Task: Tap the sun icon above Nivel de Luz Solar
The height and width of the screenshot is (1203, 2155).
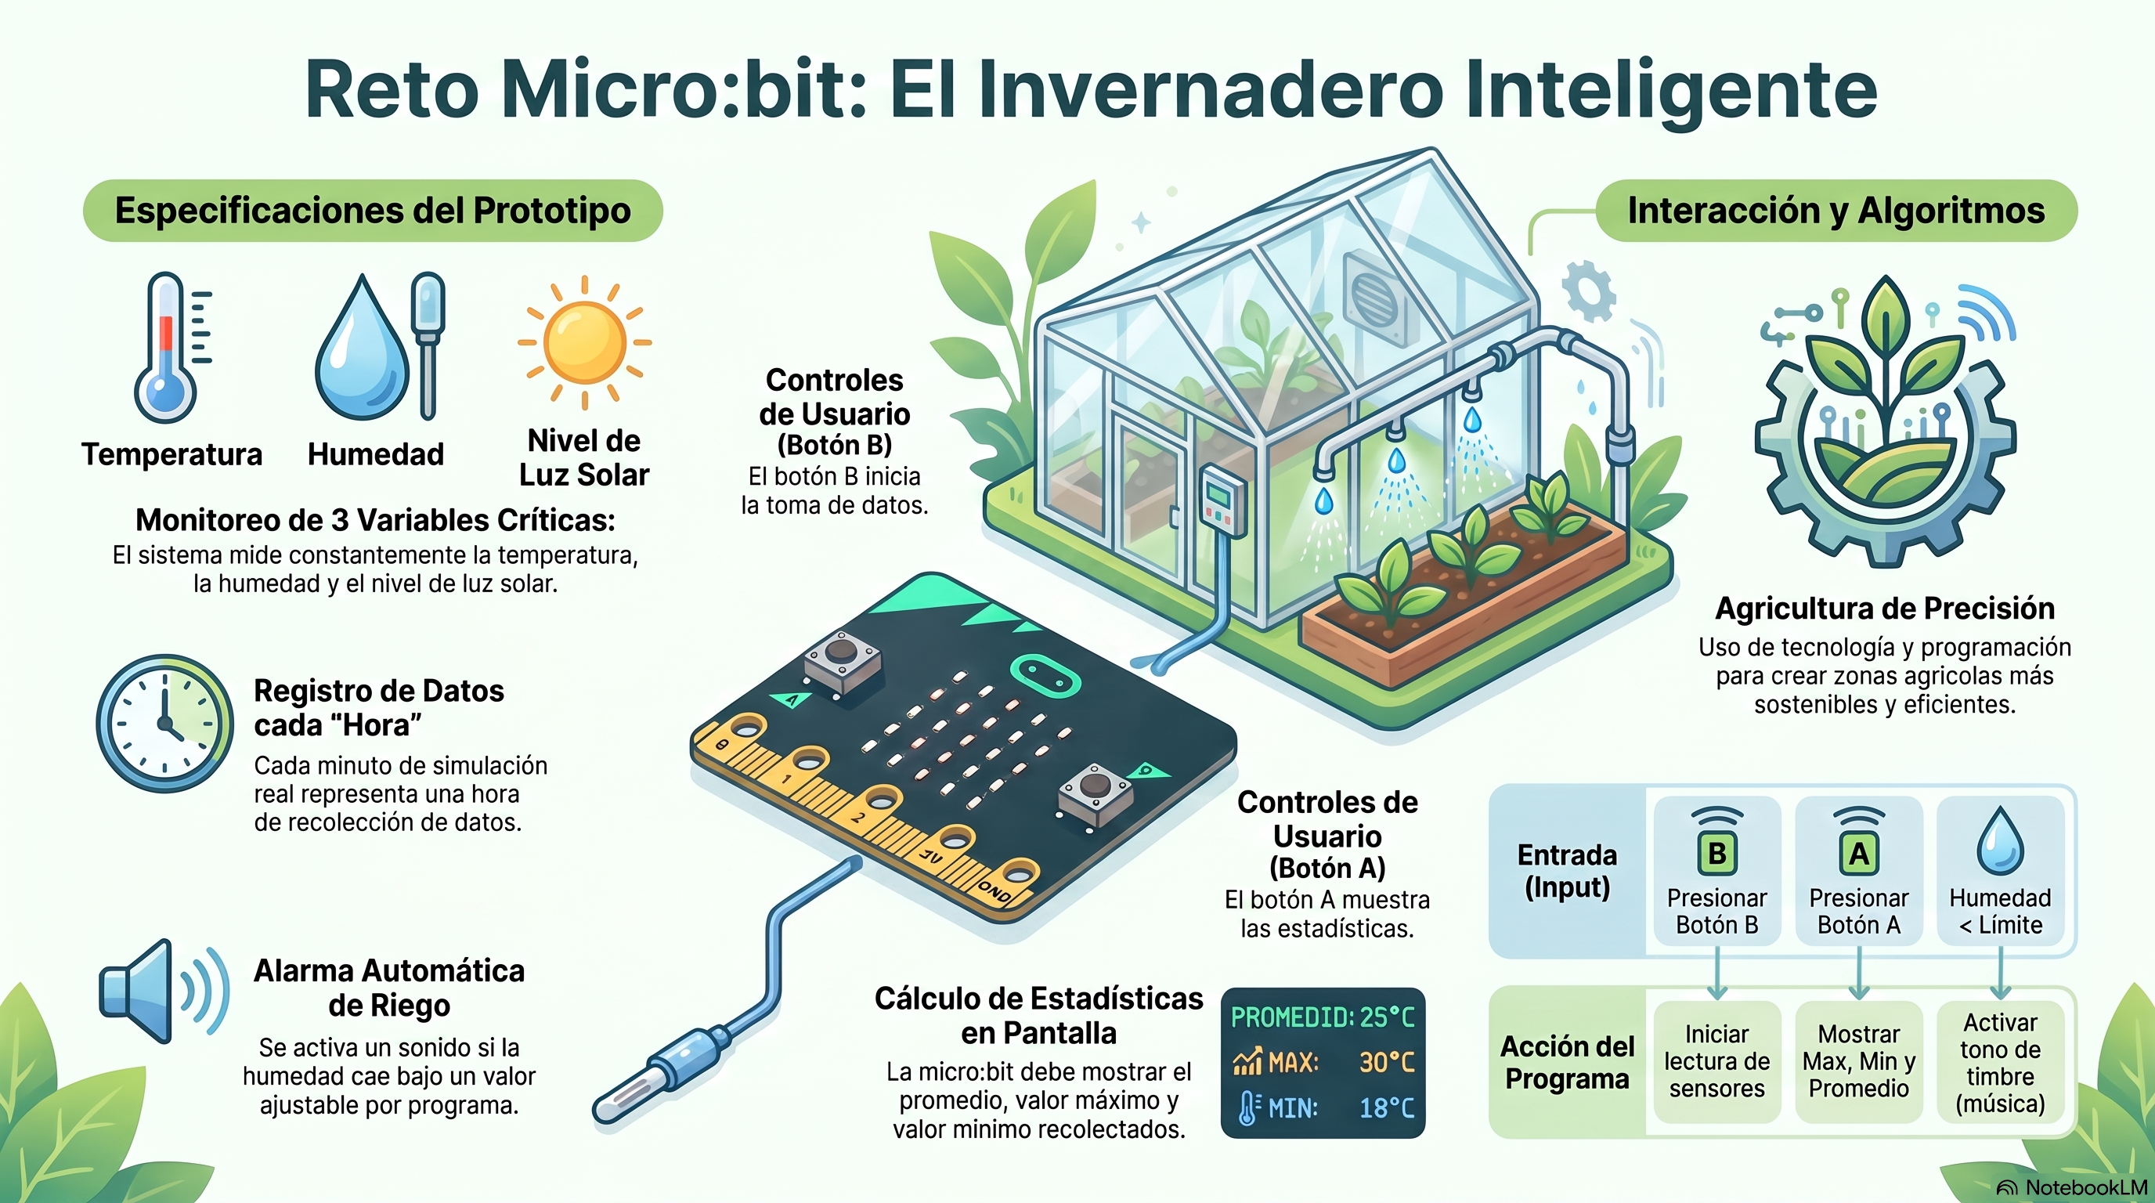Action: point(584,342)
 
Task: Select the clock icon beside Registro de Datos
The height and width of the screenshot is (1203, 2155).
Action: point(164,724)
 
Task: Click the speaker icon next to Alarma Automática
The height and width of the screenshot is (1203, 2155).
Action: point(164,992)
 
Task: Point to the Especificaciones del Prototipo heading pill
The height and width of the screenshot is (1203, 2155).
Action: point(373,211)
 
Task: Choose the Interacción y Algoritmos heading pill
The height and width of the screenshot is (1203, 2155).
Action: point(1836,211)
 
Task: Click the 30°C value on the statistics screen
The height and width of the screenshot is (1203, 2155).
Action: point(1386,1063)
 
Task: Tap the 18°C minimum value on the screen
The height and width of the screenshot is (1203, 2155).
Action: point(1386,1108)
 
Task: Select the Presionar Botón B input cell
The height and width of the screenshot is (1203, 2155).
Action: point(1716,871)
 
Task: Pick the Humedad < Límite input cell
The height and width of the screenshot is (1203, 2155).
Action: point(2000,871)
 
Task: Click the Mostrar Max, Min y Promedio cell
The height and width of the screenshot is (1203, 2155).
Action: point(1859,1061)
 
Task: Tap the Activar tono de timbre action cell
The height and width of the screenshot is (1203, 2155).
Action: point(2000,1061)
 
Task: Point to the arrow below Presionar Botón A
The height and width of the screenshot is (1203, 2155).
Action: point(1859,973)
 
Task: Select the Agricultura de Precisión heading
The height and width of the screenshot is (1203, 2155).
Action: point(1885,609)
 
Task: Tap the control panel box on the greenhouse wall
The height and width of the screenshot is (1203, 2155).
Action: point(1222,501)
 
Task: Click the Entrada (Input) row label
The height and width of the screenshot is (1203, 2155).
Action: point(1567,871)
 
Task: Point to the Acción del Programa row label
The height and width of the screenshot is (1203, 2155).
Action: point(1567,1063)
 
